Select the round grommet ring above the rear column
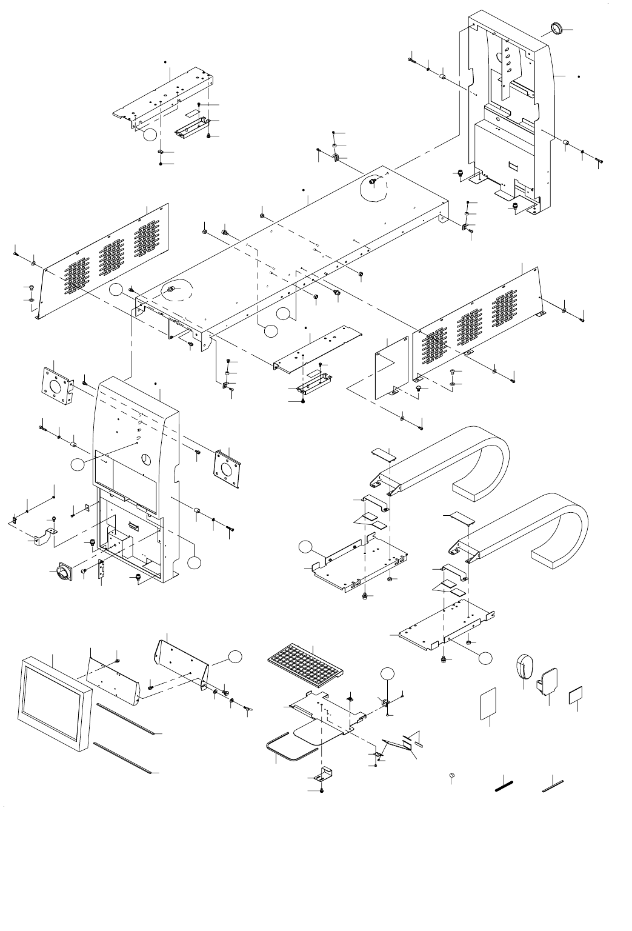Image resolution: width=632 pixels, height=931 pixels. [556, 27]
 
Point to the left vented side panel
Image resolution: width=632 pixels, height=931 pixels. [103, 261]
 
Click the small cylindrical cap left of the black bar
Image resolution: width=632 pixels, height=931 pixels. [451, 776]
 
